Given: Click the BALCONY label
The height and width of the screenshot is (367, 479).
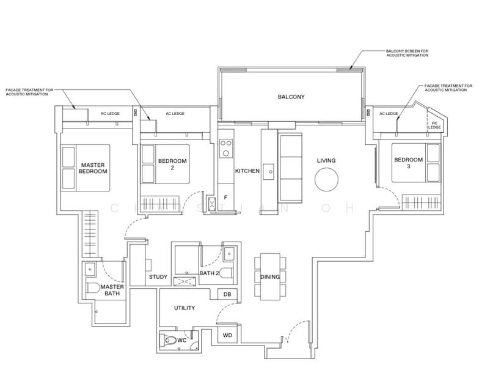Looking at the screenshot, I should pyautogui.click(x=291, y=97).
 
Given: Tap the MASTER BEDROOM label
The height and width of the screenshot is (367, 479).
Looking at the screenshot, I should pyautogui.click(x=93, y=168).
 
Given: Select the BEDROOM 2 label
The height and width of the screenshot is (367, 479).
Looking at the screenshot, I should pyautogui.click(x=172, y=164).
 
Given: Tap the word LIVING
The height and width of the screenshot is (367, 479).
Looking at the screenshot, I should pyautogui.click(x=326, y=161).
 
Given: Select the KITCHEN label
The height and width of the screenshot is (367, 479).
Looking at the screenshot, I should pyautogui.click(x=247, y=171).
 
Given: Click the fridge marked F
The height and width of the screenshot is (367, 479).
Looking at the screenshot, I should pyautogui.click(x=225, y=198).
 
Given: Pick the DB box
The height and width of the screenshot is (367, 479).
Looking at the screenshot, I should pyautogui.click(x=227, y=295).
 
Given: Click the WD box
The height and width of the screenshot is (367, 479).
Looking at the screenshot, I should pyautogui.click(x=227, y=335).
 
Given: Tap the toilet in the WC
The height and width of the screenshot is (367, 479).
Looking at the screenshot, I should pyautogui.click(x=170, y=341).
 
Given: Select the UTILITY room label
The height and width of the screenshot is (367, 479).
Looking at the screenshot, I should pyautogui.click(x=185, y=308).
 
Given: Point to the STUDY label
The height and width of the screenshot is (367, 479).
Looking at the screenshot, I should pyautogui.click(x=158, y=277).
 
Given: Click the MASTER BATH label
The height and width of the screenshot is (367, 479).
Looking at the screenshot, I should pyautogui.click(x=112, y=290).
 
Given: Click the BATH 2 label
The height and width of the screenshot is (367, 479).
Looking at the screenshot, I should pyautogui.click(x=208, y=273).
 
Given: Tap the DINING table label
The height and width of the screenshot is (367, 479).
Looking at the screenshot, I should pyautogui.click(x=270, y=277).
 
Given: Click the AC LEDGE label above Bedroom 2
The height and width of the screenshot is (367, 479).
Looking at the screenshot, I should pyautogui.click(x=175, y=114).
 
